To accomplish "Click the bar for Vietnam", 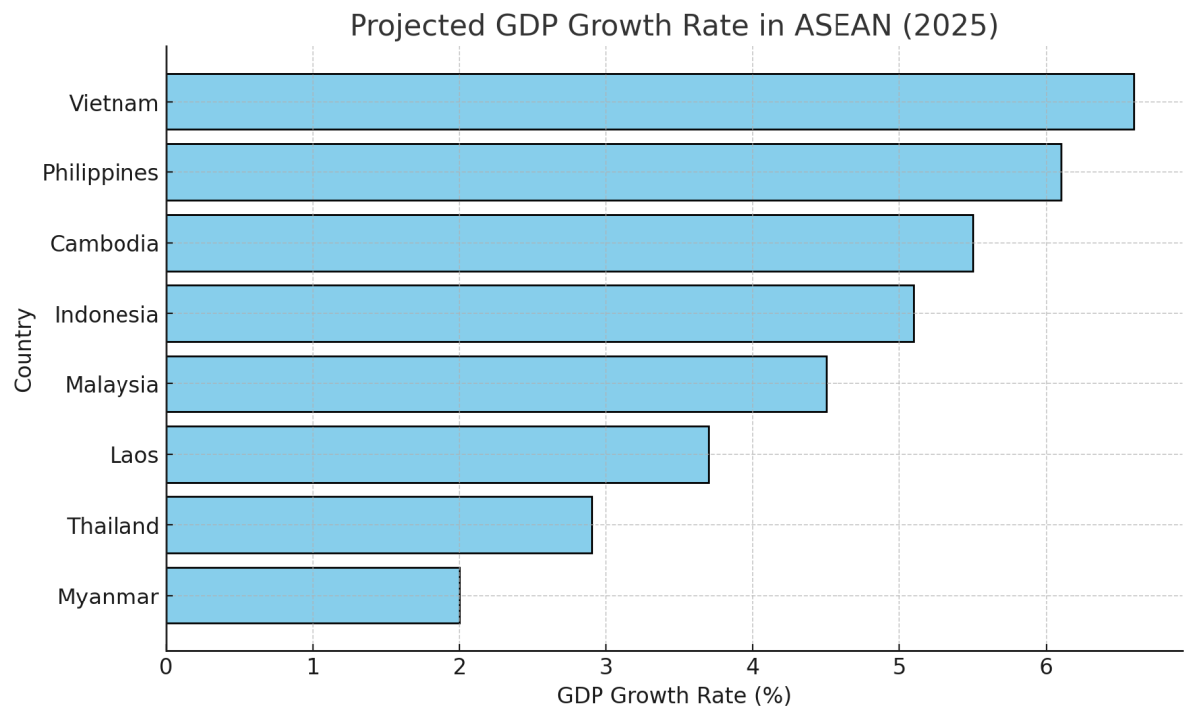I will tap(650, 102).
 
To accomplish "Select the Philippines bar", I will tap(613, 172).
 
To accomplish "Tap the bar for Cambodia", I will tap(570, 243).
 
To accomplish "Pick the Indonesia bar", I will tap(540, 314).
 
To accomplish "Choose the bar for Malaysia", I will tap(496, 384).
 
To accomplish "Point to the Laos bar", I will tap(437, 455).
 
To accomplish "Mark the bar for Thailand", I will tap(378, 525).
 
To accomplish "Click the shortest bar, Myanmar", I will tap(313, 596).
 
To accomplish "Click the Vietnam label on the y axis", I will tap(114, 103).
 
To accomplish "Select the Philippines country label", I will tap(100, 173).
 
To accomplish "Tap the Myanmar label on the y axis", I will tap(108, 598).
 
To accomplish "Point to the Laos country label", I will tap(133, 456).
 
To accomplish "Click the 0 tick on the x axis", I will tap(166, 667).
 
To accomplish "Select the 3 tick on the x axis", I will tap(605, 667).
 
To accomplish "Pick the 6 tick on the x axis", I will tap(1046, 667).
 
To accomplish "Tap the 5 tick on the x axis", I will tap(899, 667).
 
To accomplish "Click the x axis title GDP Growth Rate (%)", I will tap(673, 696).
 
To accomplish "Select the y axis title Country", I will tap(24, 350).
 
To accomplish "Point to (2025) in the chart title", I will tap(951, 26).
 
